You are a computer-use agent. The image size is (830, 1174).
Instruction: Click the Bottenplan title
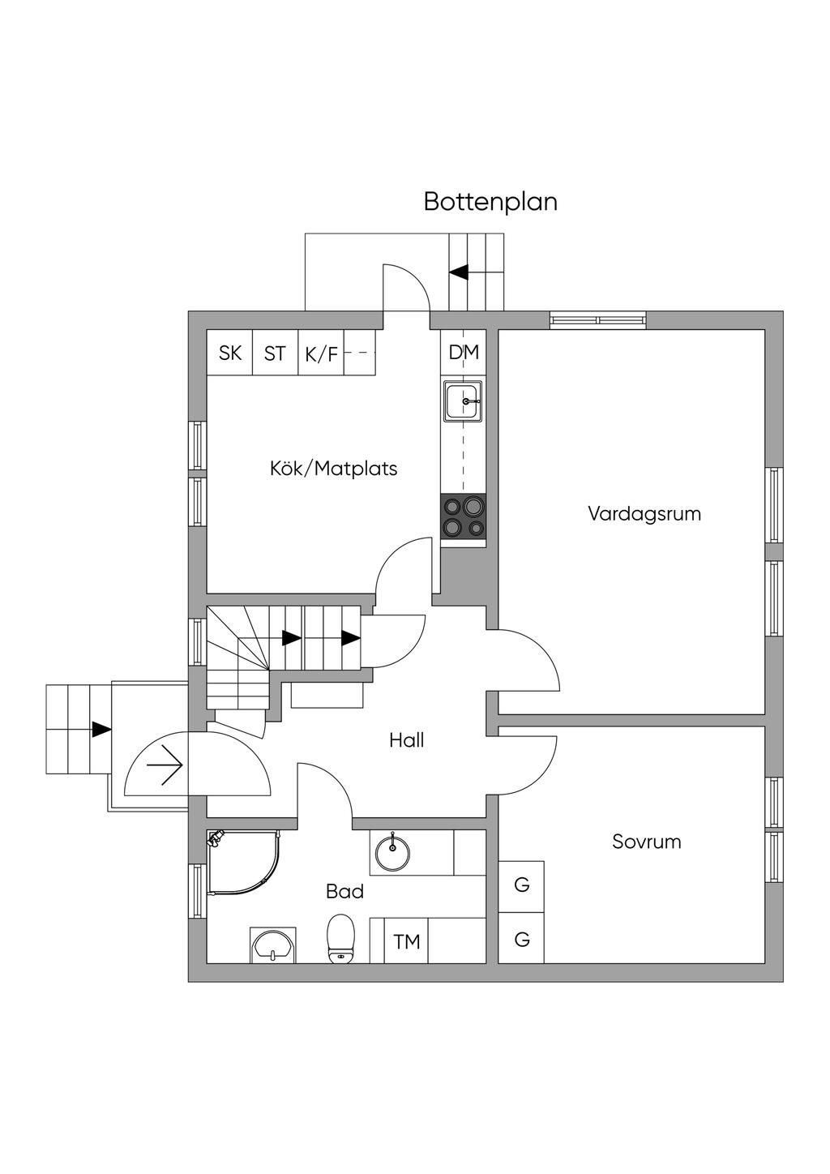(x=490, y=202)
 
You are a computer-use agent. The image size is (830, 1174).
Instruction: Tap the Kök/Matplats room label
(x=333, y=468)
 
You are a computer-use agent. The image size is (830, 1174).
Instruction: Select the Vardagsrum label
(x=644, y=514)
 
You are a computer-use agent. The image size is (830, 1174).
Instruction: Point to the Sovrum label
(x=646, y=856)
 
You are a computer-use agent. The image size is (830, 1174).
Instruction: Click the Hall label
(x=407, y=740)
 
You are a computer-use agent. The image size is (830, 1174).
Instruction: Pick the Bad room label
(x=344, y=891)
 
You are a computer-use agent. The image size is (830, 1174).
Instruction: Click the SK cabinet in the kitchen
(x=230, y=353)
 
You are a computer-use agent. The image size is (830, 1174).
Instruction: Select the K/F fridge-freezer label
(x=321, y=355)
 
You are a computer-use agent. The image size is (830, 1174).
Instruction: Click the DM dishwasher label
(x=464, y=352)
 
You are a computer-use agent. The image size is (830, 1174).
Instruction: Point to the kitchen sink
(x=463, y=401)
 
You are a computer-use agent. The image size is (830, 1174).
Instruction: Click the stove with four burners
(x=463, y=516)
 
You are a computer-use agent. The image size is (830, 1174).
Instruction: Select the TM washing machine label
(x=407, y=942)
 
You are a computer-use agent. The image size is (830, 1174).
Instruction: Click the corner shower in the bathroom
(x=244, y=863)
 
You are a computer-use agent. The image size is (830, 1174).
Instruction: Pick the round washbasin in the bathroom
(x=392, y=858)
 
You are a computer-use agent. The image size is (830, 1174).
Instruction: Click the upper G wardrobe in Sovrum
(x=521, y=885)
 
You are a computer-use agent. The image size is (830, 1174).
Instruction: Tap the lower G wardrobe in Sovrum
(x=521, y=939)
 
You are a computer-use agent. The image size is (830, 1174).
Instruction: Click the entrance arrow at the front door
(x=164, y=765)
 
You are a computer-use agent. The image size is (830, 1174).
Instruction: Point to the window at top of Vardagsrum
(x=598, y=320)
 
